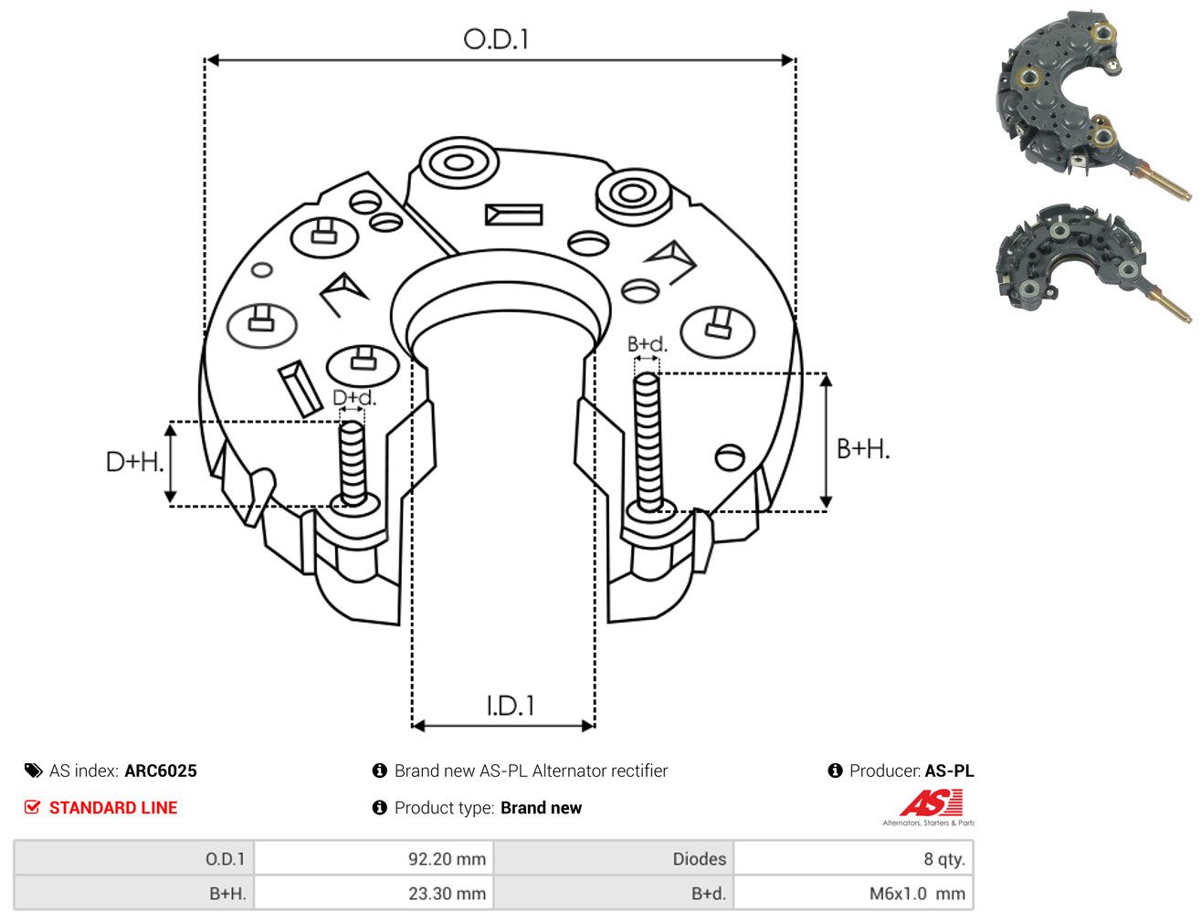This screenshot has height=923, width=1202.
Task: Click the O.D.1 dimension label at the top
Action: [x=496, y=39]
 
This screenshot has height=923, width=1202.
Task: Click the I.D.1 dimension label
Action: [x=510, y=706]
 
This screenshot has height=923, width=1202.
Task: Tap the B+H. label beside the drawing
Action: [x=863, y=449]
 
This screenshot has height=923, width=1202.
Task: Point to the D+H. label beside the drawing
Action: [x=135, y=462]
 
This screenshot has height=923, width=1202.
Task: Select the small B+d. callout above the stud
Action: [x=648, y=344]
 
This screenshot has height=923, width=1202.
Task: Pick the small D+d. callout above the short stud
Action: [x=354, y=397]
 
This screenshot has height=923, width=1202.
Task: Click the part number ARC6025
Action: [x=161, y=771]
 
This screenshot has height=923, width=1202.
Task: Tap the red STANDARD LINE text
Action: [x=113, y=807]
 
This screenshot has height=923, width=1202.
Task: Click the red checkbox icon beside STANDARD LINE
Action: [x=33, y=807]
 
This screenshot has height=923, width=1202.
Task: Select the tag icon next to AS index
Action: [x=33, y=771]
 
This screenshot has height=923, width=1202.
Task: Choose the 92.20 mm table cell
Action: [x=374, y=858]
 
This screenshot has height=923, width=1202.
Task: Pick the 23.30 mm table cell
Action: [x=374, y=893]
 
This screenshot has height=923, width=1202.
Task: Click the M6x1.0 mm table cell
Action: [x=853, y=893]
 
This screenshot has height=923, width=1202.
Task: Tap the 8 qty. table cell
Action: [x=853, y=858]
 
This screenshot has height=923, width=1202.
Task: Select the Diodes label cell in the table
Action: [x=614, y=858]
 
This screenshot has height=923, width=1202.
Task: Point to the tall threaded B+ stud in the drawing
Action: [x=648, y=442]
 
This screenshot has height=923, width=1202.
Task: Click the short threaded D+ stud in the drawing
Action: [x=353, y=465]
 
